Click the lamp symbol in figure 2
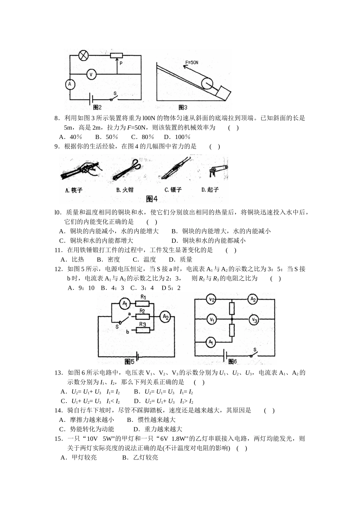pyautogui.click(x=83, y=55)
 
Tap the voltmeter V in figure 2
pyautogui.click(x=91, y=74)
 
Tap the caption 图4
pyautogui.click(x=152, y=198)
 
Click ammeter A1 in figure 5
pyautogui.click(x=125, y=303)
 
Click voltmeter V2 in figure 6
pyautogui.click(x=211, y=300)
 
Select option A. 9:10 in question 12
pyautogui.click(x=81, y=288)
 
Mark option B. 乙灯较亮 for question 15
pyautogui.click(x=140, y=457)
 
